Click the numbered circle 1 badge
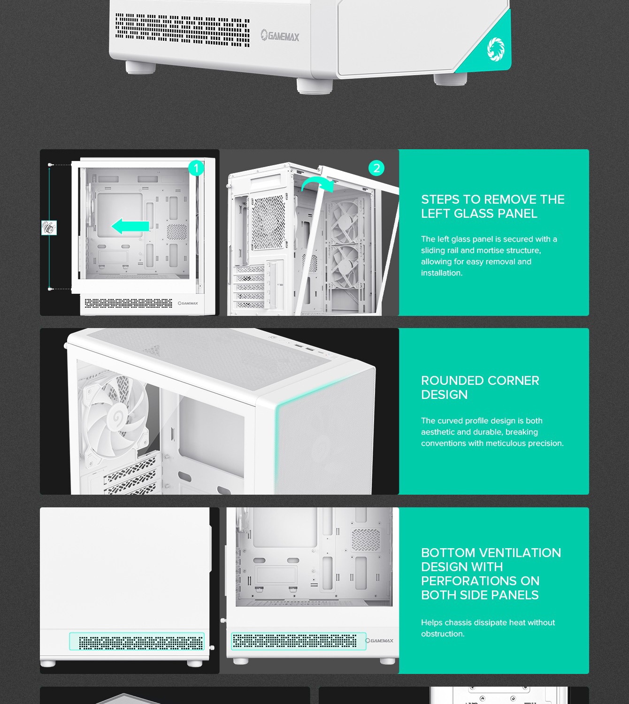click(x=196, y=168)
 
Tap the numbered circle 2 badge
click(x=376, y=168)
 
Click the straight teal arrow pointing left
click(x=130, y=226)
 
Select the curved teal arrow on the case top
click(x=317, y=184)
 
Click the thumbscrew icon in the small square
click(x=49, y=228)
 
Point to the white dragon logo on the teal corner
click(x=496, y=49)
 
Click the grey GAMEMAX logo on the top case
click(x=280, y=36)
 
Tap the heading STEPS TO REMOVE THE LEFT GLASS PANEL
click(x=493, y=207)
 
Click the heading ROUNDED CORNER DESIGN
click(x=480, y=388)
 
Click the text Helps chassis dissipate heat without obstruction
click(x=488, y=628)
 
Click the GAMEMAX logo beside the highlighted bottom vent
click(x=379, y=641)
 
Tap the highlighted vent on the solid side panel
click(x=137, y=642)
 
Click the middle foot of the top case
click(x=314, y=86)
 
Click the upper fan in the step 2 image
click(x=345, y=221)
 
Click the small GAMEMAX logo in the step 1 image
click(x=188, y=303)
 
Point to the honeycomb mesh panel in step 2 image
click(x=268, y=222)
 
